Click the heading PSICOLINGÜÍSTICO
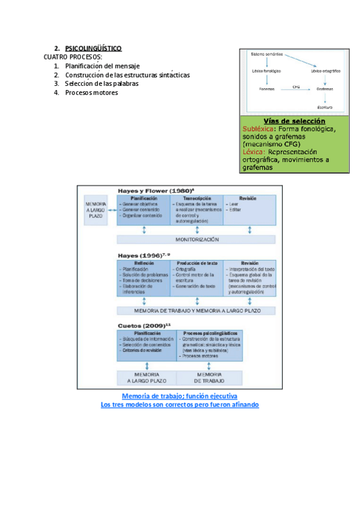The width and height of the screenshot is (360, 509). point(93,48)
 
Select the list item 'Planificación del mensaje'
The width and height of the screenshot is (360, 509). point(103,65)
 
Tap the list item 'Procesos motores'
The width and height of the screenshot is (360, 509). point(92,92)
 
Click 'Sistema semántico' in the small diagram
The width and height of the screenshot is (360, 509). point(266,55)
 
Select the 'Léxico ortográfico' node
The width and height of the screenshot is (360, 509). point(326,71)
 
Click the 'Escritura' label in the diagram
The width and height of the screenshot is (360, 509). point(325,107)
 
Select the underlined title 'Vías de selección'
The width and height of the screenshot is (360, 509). point(290,121)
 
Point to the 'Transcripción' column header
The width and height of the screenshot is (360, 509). point(196,198)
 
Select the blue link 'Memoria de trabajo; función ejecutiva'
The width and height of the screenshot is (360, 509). point(179,397)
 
